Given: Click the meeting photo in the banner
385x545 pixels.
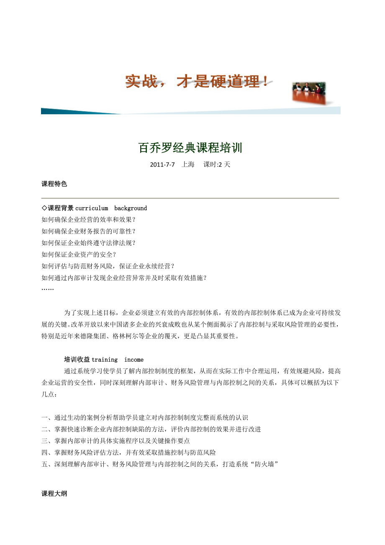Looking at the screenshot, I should (x=308, y=93).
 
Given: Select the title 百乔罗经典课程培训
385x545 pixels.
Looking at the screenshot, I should (x=190, y=148).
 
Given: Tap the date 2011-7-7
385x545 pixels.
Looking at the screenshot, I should (x=162, y=165).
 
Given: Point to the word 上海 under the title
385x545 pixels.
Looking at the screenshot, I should (x=188, y=165).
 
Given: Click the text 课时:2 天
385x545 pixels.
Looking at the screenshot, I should (x=217, y=165).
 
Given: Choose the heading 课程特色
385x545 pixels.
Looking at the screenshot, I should (x=54, y=184).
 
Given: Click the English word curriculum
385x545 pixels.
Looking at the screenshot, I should (x=92, y=208).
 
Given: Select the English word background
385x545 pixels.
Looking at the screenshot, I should (x=131, y=208).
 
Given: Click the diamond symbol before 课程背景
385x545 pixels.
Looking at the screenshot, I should (x=44, y=208).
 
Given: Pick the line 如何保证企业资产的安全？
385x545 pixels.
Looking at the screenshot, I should (x=79, y=254).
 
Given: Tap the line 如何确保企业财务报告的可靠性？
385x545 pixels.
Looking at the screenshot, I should (x=89, y=231).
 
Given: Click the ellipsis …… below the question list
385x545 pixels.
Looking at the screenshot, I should (x=48, y=289).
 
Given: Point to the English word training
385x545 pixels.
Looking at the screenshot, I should (x=105, y=360).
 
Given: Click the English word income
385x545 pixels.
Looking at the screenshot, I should (x=134, y=360).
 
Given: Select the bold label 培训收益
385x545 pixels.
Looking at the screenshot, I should (x=77, y=360).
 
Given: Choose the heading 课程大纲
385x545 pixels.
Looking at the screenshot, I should (x=54, y=494).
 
